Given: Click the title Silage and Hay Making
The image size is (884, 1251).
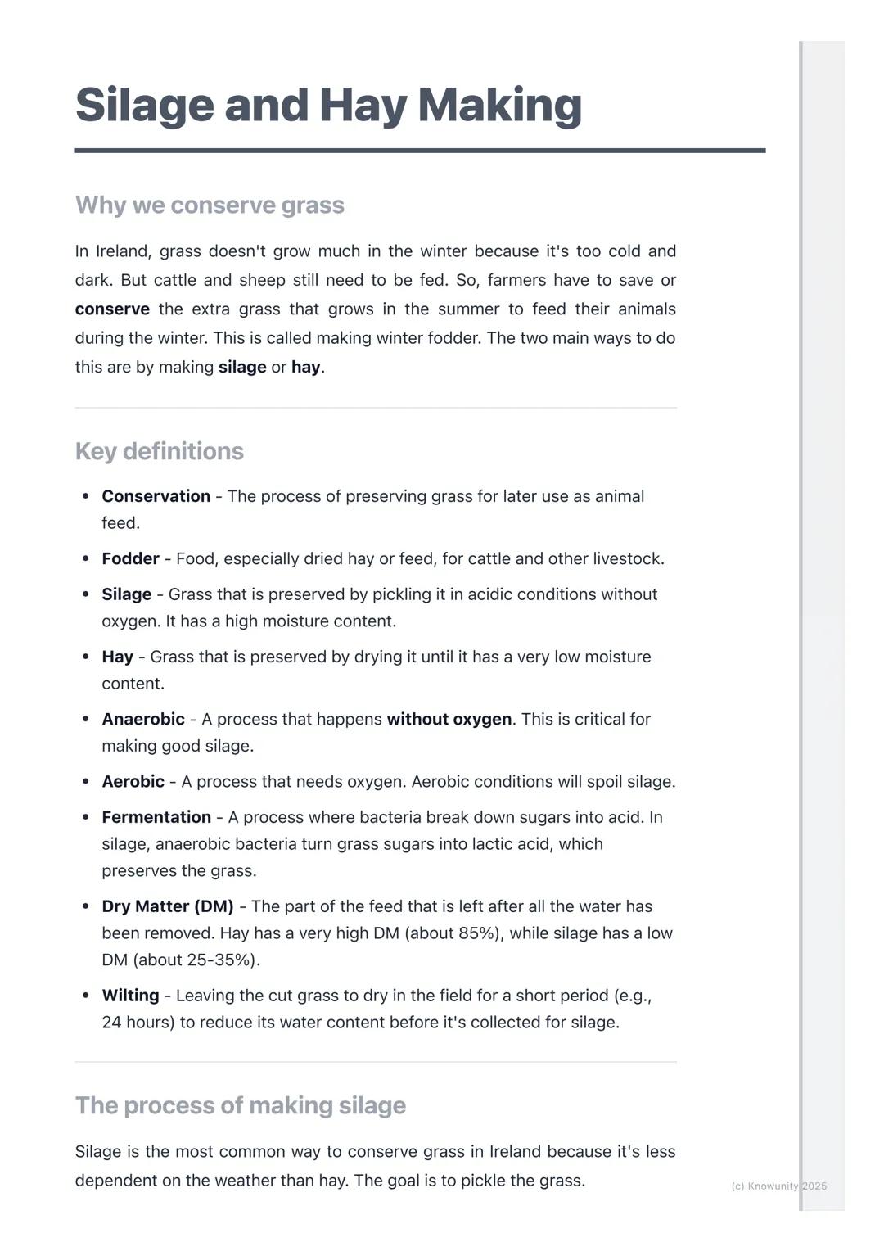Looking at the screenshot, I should [x=328, y=105].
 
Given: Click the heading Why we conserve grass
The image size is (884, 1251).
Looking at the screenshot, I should [x=210, y=205].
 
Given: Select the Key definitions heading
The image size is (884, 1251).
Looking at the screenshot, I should [x=160, y=451].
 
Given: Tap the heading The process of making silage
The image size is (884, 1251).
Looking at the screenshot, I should [x=240, y=1105].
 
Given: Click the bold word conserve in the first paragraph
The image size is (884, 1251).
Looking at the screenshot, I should [x=112, y=309].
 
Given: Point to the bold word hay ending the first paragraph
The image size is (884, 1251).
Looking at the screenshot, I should [x=305, y=367].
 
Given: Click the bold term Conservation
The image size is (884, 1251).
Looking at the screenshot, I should [x=156, y=496].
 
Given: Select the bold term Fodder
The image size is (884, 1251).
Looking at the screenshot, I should [x=130, y=558].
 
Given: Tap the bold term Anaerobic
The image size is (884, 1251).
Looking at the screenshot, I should [x=143, y=719].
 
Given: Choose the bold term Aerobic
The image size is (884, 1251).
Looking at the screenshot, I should [x=133, y=781].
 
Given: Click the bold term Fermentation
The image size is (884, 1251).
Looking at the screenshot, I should [x=156, y=817].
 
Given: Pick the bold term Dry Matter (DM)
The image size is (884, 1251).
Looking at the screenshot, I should [x=168, y=906].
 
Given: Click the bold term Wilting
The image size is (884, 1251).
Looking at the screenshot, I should [x=130, y=996].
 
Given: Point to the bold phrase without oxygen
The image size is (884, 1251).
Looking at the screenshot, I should [x=449, y=719].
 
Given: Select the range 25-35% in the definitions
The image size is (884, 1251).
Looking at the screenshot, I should [x=216, y=960].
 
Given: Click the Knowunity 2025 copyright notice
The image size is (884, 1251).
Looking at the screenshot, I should [x=778, y=1186].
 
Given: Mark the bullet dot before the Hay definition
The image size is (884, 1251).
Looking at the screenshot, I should [x=86, y=657].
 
